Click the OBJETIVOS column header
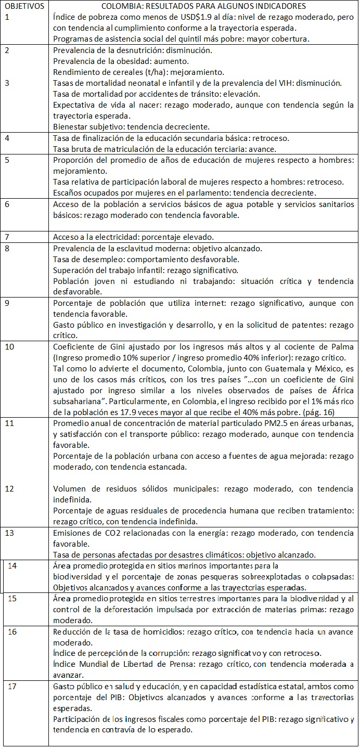pos(24,6)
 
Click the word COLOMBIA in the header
pos(121,6)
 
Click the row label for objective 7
pos(7,237)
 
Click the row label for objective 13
pos(9,533)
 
